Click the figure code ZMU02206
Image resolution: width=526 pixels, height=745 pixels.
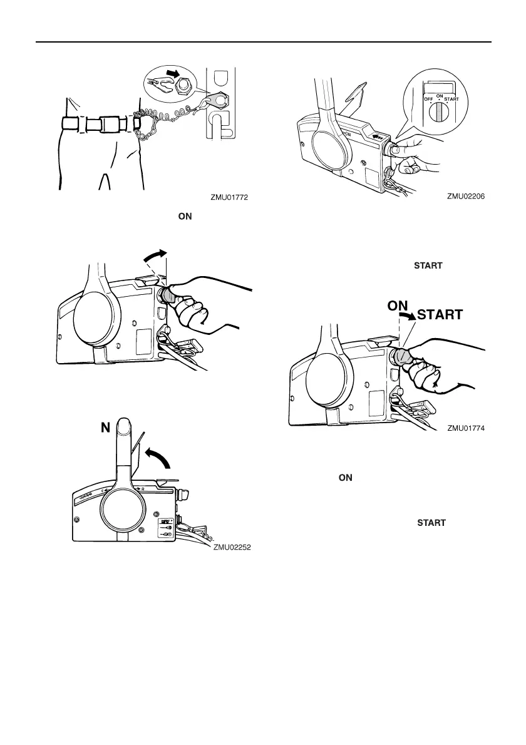(x=467, y=196)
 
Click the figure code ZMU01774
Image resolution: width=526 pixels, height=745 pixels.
(x=467, y=429)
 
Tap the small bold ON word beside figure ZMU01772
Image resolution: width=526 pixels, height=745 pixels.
(x=185, y=216)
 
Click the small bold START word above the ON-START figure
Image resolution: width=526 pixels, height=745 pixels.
(x=428, y=265)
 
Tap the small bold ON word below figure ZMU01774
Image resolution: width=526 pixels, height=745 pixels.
(x=345, y=478)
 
